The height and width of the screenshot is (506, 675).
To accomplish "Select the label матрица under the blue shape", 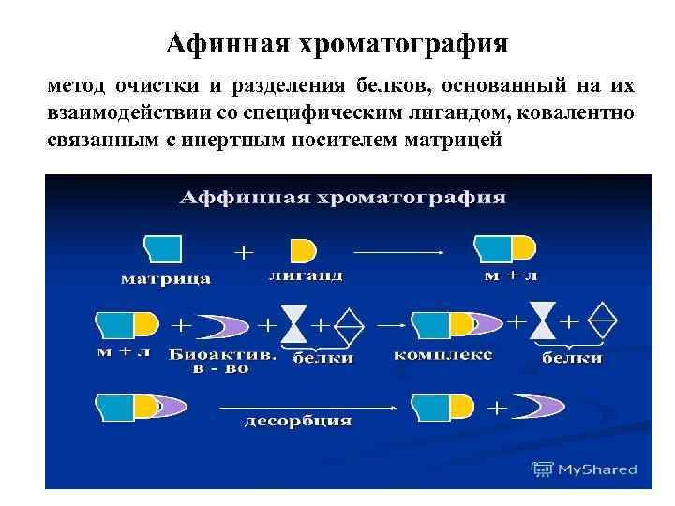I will click(x=166, y=278).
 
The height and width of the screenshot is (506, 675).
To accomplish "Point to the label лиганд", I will click(x=305, y=277).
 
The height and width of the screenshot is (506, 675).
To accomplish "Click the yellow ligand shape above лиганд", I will click(x=303, y=250).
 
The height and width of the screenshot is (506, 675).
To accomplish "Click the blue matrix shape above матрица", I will click(x=164, y=249).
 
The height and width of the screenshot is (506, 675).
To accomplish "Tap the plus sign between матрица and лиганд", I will click(x=243, y=252).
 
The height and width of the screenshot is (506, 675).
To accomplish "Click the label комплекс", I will click(x=443, y=356).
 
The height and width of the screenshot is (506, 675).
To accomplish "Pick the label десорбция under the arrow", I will click(x=298, y=421).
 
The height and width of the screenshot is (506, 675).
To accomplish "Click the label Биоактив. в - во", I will click(x=222, y=362).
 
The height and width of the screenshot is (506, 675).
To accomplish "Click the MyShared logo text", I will click(x=594, y=469).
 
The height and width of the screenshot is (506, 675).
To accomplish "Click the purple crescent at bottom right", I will click(x=539, y=407).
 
